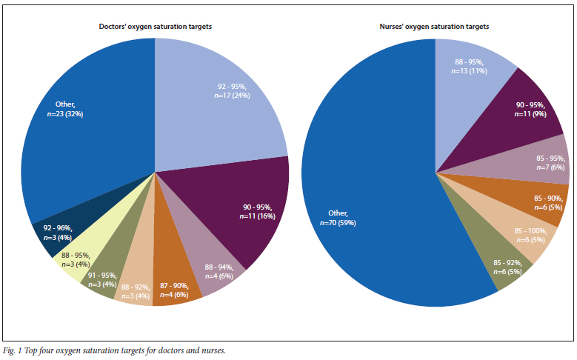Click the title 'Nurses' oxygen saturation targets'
pos(434,26)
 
